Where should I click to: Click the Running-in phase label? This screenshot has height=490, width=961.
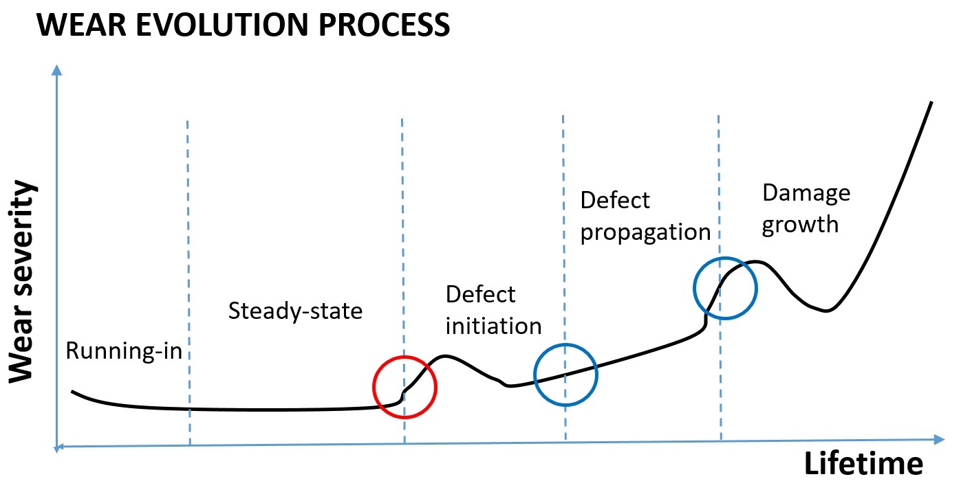pyautogui.click(x=124, y=351)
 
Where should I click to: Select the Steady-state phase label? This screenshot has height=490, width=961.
pyautogui.click(x=295, y=311)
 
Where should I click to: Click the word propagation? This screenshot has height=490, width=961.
pyautogui.click(x=645, y=232)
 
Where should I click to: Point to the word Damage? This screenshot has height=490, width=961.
pyautogui.click(x=806, y=193)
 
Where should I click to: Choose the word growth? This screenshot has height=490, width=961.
pyautogui.click(x=800, y=224)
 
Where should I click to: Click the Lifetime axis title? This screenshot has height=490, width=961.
pyautogui.click(x=863, y=465)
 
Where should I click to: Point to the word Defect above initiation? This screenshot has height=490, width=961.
pyautogui.click(x=480, y=294)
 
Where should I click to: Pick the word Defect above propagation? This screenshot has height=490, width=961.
pyautogui.click(x=615, y=201)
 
